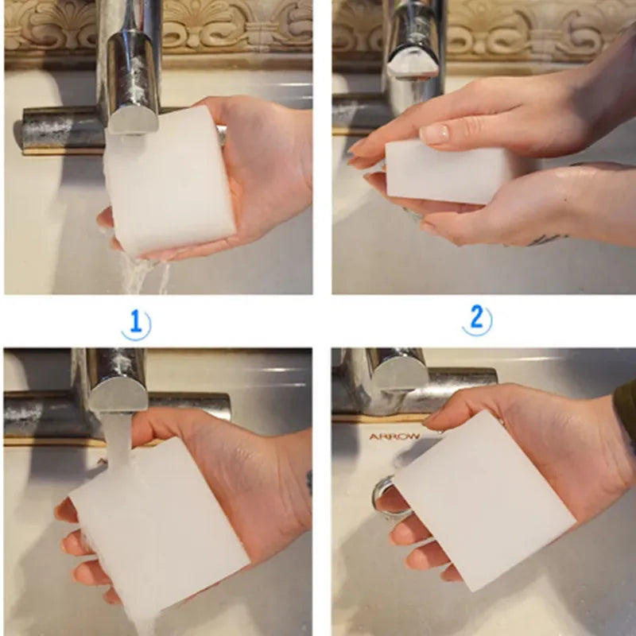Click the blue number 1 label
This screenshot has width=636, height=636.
click(x=136, y=324)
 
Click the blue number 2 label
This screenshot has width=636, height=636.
click(x=477, y=320)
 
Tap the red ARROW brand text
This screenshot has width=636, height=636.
click(x=394, y=436)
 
